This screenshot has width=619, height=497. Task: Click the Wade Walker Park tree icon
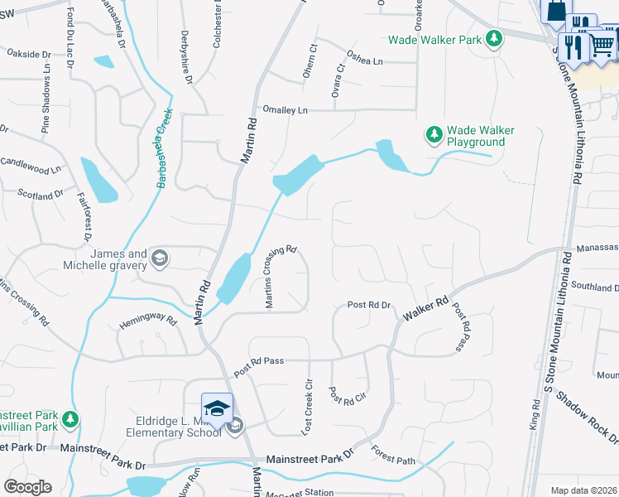coord(494,39)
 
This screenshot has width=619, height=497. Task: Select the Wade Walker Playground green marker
coord(434,133)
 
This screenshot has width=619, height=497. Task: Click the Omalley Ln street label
coord(285,110)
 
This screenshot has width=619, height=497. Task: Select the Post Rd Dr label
coord(368,305)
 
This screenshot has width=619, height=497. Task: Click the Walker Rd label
coord(425,310)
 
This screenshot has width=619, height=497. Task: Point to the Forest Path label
coord(392,455)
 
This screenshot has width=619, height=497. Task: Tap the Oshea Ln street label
coord(365,60)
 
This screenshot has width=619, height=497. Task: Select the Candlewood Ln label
coord(33,166)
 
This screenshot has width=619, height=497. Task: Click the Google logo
coord(27,487)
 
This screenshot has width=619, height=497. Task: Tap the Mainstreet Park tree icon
coord(72,418)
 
